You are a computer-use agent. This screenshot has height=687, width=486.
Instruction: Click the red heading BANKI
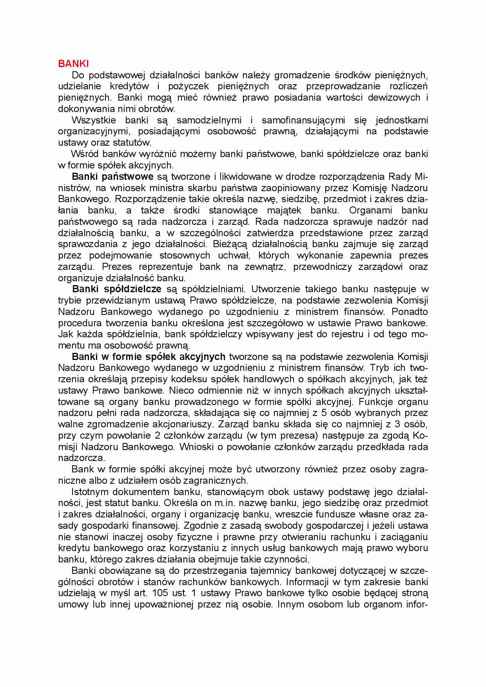click(x=73, y=63)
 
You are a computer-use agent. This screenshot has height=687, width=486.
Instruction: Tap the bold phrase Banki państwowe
click(x=112, y=177)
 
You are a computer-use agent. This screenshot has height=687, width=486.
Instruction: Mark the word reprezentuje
click(x=167, y=267)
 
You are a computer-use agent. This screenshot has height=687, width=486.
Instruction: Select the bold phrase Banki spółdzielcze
click(x=117, y=289)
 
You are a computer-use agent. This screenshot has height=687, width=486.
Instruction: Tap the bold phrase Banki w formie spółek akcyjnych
click(x=149, y=357)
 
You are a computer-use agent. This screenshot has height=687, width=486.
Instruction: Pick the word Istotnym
click(x=90, y=492)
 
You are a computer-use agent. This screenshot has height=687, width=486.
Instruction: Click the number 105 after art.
click(x=160, y=593)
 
